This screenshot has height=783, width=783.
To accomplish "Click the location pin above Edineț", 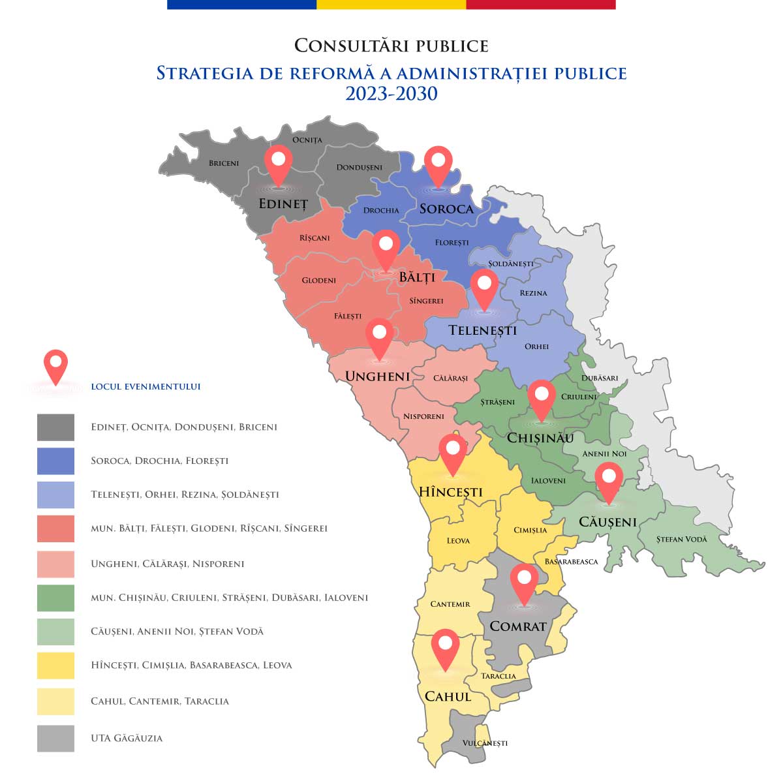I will [x=279, y=163].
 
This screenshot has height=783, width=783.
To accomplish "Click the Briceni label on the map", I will [x=224, y=163].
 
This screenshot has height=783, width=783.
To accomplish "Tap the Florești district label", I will [x=452, y=243].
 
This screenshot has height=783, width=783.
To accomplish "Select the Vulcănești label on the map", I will [x=484, y=743].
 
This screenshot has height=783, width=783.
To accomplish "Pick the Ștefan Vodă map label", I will [x=681, y=539].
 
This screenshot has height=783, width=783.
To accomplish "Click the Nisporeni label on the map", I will [x=423, y=416].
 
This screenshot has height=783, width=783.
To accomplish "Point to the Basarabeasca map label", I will [x=571, y=561].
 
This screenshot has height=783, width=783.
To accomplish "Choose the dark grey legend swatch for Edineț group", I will [x=55, y=427].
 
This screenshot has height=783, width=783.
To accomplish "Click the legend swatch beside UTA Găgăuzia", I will [x=55, y=739].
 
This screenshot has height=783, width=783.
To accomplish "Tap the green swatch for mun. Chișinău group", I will [x=55, y=598].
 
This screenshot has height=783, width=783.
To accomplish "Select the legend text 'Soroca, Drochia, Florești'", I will [x=159, y=461].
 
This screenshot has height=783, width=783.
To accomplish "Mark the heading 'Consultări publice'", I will [x=391, y=46].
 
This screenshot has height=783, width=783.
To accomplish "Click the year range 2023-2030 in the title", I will [x=391, y=94].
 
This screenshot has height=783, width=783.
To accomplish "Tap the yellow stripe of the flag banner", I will [x=391, y=5].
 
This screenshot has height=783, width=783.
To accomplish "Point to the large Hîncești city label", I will [x=450, y=492].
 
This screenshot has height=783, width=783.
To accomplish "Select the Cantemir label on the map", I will [x=450, y=604].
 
